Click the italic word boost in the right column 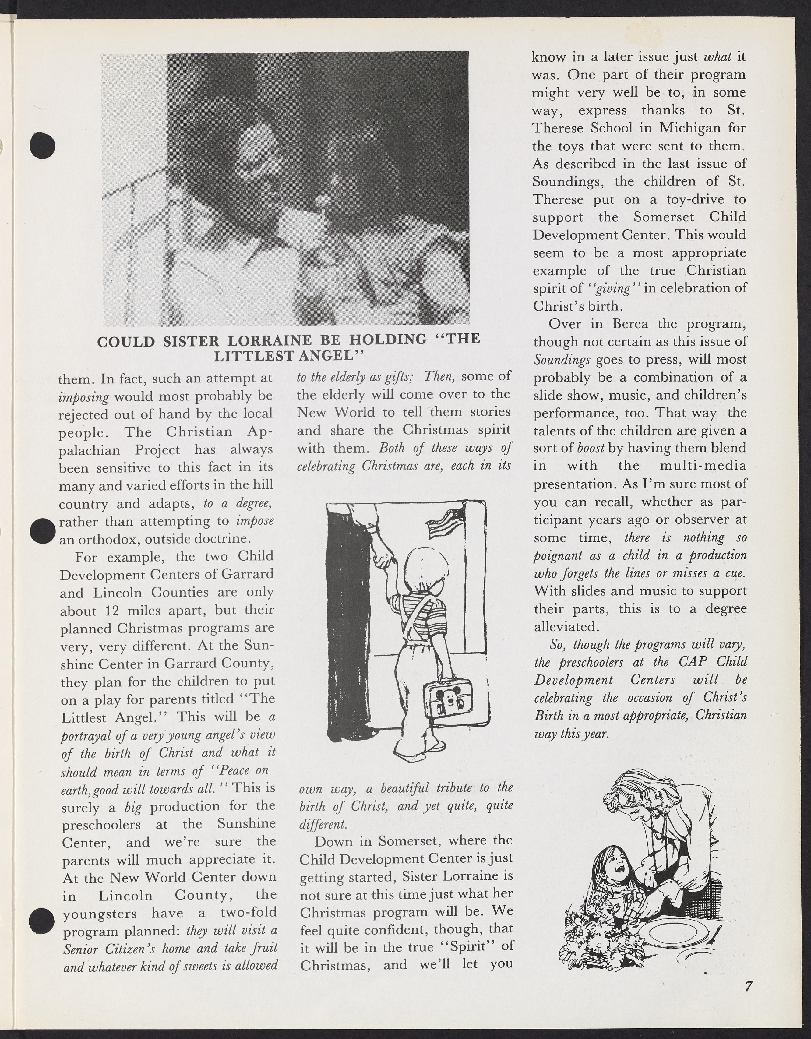590,449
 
